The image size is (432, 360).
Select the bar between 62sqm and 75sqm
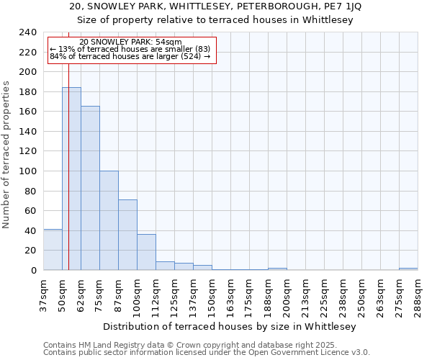click(90, 188)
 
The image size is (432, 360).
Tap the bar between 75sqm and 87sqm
click(109, 220)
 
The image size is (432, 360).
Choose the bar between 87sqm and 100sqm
click(127, 235)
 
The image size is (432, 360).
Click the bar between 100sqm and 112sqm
click(146, 252)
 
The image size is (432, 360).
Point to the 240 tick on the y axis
click(28, 32)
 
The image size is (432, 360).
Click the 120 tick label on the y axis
click(28, 151)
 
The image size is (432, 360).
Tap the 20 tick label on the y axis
click(31, 251)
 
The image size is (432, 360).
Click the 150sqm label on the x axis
click(212, 295)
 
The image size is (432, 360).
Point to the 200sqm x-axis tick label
click(287, 295)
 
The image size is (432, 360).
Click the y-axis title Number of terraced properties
click(6, 154)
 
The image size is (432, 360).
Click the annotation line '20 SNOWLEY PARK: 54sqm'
click(130, 42)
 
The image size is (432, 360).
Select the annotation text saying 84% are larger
click(130, 56)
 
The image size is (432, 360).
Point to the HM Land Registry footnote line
click(206, 345)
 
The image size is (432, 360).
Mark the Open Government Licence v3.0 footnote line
click(206, 353)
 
